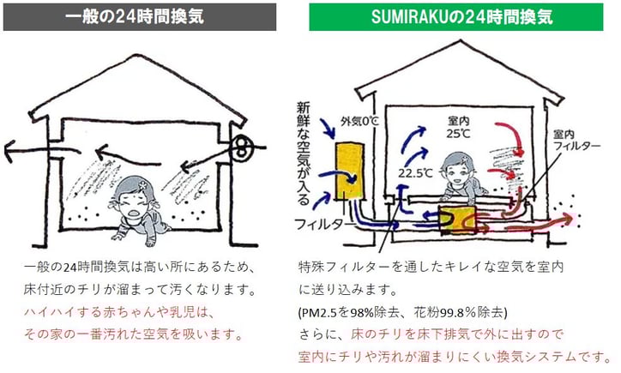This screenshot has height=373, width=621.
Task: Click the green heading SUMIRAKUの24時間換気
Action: coord(456,15)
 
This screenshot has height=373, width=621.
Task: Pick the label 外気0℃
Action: coord(359,121)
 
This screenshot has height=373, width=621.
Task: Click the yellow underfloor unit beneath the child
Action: coord(457,219)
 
